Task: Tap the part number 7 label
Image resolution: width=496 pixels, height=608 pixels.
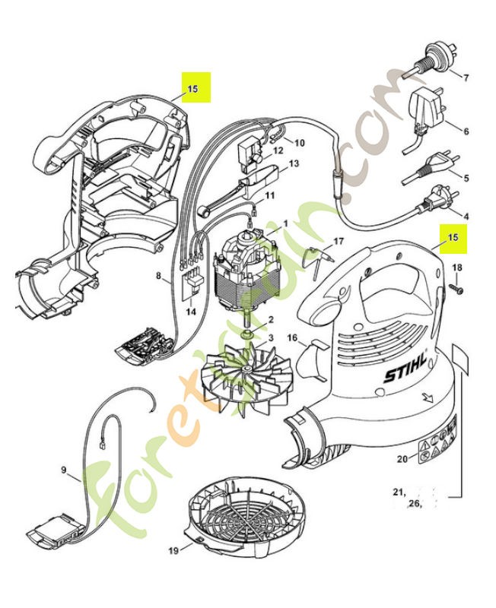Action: click(x=466, y=78)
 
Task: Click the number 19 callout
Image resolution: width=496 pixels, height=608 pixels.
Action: click(x=172, y=550)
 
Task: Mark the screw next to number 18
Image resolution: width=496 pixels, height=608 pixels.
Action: click(x=456, y=288)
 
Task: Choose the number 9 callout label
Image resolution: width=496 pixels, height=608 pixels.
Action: click(x=64, y=470)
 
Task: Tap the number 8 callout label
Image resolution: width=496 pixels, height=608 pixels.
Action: click(x=159, y=278)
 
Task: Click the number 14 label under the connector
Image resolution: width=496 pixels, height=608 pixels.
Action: click(x=190, y=312)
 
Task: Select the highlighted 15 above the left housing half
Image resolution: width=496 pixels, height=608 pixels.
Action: click(x=192, y=88)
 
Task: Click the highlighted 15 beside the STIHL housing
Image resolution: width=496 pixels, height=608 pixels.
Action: click(x=453, y=237)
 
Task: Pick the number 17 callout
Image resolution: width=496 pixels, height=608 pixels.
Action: click(x=339, y=241)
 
